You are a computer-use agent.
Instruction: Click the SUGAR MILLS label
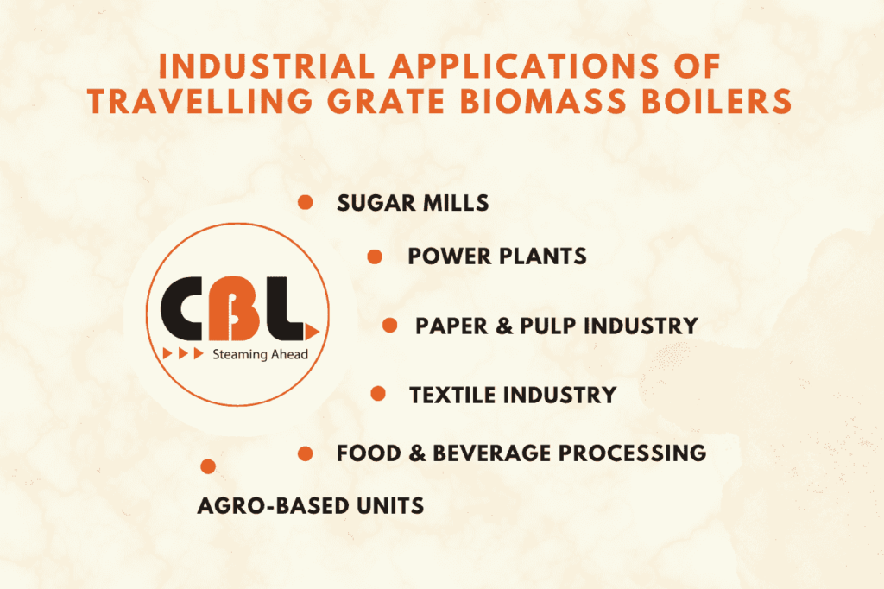[414, 203]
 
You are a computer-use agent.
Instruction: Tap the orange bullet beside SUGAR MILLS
[305, 202]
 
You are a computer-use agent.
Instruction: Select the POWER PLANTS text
[497, 256]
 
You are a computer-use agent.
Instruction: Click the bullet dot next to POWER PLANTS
[375, 256]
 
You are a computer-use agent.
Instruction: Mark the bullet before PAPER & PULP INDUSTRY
[389, 325]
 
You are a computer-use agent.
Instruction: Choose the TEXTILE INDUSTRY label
[513, 396]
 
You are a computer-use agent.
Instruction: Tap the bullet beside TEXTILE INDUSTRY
[377, 394]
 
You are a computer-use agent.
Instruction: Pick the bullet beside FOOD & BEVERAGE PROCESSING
[305, 453]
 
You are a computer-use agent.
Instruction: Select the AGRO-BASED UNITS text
[311, 505]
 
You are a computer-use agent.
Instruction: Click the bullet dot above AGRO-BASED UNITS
[207, 466]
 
